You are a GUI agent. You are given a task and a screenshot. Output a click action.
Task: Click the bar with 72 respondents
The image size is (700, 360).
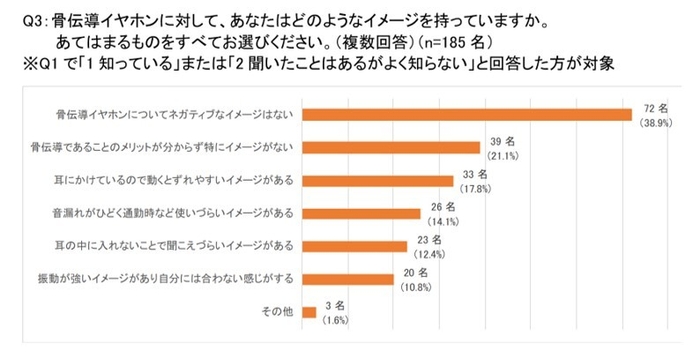(x=466, y=115)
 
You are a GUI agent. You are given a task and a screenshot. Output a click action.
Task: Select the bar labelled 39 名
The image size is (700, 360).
(x=390, y=148)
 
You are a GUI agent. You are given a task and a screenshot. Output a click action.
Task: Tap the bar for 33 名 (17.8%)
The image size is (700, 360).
(x=376, y=181)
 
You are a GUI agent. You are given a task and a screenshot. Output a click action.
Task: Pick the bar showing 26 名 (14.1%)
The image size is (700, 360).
(x=360, y=213)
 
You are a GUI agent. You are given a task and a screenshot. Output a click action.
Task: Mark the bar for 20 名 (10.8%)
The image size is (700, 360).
(x=346, y=279)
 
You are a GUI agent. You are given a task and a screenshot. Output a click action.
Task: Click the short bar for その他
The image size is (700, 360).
(x=308, y=312)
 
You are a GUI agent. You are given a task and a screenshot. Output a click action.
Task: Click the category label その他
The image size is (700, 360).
(x=278, y=312)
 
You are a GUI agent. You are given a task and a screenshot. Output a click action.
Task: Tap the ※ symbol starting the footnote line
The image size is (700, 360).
(x=14, y=62)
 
